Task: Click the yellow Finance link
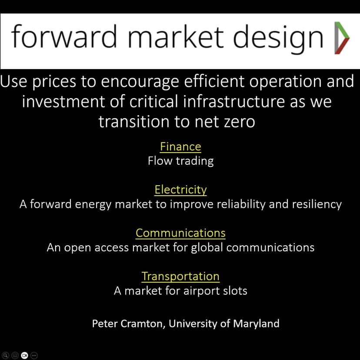[x=180, y=147]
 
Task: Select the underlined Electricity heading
[x=180, y=190]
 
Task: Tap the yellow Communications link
[x=180, y=233]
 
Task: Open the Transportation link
[x=180, y=276]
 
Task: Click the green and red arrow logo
[x=342, y=38]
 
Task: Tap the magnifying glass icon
[x=5, y=355]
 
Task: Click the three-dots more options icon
[x=34, y=355]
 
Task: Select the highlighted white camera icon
[x=24, y=355]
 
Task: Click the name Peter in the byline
[x=105, y=323]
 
